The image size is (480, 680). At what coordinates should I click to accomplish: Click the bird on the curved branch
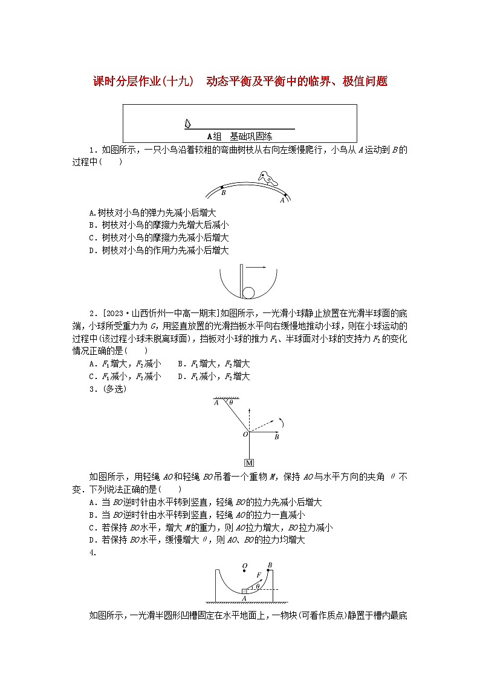pyautogui.click(x=265, y=178)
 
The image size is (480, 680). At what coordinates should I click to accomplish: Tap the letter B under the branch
pyautogui.click(x=224, y=193)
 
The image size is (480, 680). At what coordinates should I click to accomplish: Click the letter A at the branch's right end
pyautogui.click(x=282, y=199)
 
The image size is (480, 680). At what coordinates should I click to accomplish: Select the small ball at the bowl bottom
pyautogui.click(x=249, y=293)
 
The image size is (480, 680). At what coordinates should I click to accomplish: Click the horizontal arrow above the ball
pyautogui.click(x=256, y=266)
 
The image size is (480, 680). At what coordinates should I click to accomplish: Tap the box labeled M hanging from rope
pyautogui.click(x=248, y=464)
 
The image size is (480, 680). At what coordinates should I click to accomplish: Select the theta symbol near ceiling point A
pyautogui.click(x=230, y=402)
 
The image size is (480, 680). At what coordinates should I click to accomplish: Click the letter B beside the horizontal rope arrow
pyautogui.click(x=276, y=436)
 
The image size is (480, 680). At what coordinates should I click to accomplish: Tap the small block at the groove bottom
pyautogui.click(x=244, y=591)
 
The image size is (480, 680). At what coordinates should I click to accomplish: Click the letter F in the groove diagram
pyautogui.click(x=258, y=575)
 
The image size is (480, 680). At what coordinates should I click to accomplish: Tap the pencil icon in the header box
pyautogui.click(x=187, y=124)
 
